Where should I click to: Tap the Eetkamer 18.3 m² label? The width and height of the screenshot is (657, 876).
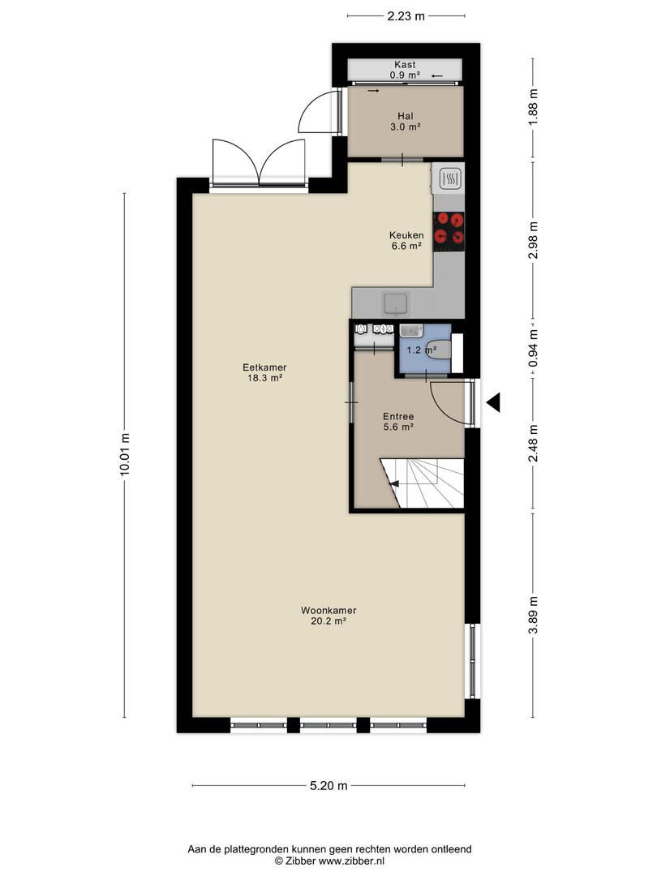tap(264, 372)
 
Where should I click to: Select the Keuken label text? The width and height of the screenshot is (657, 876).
tap(406, 235)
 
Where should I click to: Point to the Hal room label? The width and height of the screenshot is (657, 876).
tap(406, 116)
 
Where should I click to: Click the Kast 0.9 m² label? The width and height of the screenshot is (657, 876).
tap(405, 70)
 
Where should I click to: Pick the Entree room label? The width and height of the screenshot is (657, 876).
tap(398, 417)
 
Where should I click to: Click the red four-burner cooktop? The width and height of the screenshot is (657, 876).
tap(449, 229)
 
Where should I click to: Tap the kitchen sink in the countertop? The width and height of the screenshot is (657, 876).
tap(396, 304)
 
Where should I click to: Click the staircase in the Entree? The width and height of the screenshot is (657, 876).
tap(423, 483)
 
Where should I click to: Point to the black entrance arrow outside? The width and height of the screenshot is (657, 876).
tap(493, 402)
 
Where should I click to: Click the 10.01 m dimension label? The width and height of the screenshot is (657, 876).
tap(124, 454)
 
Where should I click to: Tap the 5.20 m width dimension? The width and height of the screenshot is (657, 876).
tap(328, 785)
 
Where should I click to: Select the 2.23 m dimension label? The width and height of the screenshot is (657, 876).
tap(406, 16)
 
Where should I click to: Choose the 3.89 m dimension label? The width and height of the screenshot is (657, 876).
tap(534, 615)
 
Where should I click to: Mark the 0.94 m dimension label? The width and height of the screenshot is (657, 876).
tap(534, 348)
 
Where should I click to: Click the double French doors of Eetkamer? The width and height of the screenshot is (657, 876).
tap(259, 162)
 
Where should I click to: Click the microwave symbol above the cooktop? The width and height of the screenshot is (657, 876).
tap(449, 178)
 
